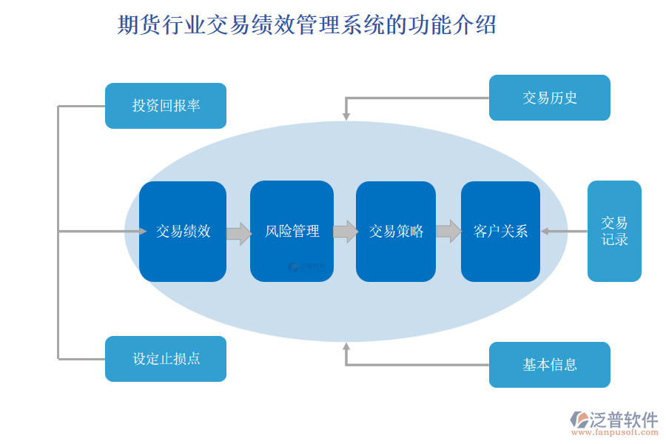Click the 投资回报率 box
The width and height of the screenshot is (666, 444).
[x=166, y=106]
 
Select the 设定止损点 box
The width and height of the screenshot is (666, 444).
[x=166, y=359]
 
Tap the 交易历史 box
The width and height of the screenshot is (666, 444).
[x=549, y=98]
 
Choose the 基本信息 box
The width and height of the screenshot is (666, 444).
[x=549, y=365]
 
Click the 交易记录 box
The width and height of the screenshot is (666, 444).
[x=614, y=232]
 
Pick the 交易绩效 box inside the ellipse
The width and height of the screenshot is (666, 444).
[x=183, y=232]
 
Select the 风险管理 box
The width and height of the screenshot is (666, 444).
[x=292, y=232]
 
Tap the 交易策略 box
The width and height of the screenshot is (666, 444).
[x=396, y=232]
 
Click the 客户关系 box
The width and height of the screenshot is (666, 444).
[x=500, y=232]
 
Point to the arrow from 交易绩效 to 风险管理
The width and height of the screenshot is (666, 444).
[x=238, y=233]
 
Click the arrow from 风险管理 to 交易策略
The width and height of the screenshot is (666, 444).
[x=345, y=232]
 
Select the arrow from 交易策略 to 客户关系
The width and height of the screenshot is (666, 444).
[x=448, y=232]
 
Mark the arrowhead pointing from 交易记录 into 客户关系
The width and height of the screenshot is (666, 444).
[x=545, y=232]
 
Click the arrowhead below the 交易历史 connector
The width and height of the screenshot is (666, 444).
[x=346, y=116]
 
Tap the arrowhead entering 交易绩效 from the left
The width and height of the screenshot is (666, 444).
[x=142, y=232]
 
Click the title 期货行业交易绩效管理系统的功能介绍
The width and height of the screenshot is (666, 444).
[x=307, y=25]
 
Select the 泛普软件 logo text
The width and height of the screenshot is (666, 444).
[x=623, y=420]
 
